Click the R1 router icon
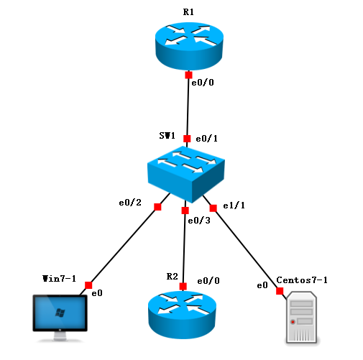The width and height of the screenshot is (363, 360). click(x=188, y=45)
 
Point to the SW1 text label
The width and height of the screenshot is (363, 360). click(x=167, y=135)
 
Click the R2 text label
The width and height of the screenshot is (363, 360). click(x=172, y=276)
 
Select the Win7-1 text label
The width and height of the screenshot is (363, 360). click(x=59, y=277)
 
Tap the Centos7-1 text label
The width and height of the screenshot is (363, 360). click(x=302, y=280)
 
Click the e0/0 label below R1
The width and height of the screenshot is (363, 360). click(x=202, y=83)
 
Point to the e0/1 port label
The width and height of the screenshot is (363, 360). click(x=207, y=137)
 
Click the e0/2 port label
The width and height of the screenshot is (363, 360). click(x=130, y=203)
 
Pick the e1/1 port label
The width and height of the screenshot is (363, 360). click(x=234, y=205)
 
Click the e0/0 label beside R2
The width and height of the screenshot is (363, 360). click(x=208, y=280)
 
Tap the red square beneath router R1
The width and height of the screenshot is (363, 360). click(x=188, y=75)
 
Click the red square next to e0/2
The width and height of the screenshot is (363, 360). click(x=157, y=207)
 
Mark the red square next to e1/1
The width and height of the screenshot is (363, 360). click(x=213, y=208)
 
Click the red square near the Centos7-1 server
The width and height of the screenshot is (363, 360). click(x=279, y=291)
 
